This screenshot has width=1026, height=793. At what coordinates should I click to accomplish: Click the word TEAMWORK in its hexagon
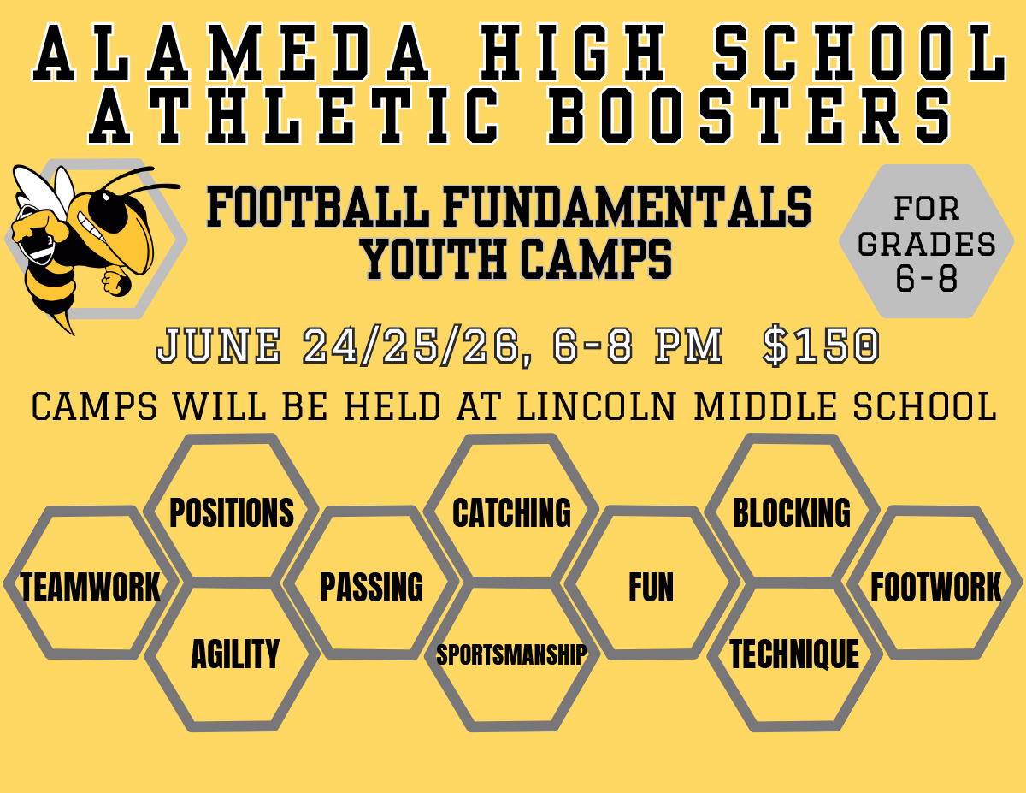coord(90,587)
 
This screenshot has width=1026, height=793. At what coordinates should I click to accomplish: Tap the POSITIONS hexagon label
coord(232,513)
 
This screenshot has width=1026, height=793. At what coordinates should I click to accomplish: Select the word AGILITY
coord(235,654)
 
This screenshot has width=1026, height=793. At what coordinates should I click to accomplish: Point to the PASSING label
coord(372,587)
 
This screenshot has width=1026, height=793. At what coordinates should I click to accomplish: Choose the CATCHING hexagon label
coord(512,513)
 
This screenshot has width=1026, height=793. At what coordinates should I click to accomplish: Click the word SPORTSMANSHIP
coord(511,654)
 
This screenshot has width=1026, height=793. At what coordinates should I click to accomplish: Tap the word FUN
coord(652,587)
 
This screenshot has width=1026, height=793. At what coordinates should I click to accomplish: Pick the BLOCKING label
coord(792,513)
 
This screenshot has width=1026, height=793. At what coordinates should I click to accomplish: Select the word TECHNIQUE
coord(794,654)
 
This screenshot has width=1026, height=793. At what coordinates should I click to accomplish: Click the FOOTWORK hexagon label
coord(936,587)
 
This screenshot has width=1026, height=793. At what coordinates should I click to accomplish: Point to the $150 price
coord(821,346)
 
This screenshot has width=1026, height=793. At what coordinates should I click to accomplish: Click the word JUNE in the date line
coord(219,346)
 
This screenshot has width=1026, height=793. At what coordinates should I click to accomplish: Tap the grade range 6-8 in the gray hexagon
coord(927,279)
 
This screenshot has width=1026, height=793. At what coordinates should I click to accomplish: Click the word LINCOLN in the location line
coord(597,406)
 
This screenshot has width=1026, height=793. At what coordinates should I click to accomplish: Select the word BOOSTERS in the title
coord(749,115)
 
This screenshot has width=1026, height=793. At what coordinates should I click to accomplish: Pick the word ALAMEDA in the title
coord(232,52)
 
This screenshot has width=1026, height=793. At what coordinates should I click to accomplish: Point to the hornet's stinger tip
coord(74,334)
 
